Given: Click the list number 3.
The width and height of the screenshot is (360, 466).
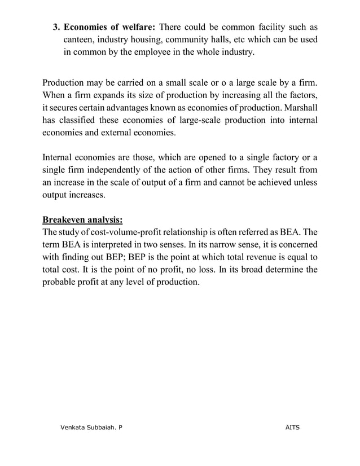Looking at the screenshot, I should (x=56, y=27).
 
